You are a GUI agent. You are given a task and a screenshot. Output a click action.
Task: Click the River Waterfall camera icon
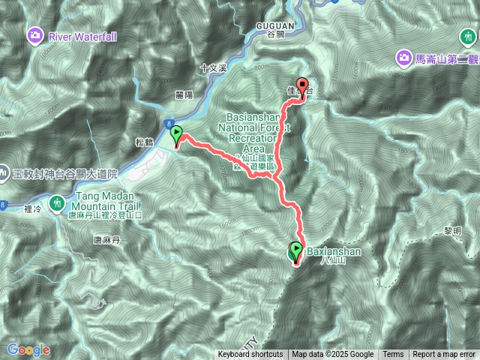point(35,35)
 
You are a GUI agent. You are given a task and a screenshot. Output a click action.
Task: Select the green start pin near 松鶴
point(177,136)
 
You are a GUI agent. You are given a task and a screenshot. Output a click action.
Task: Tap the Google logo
point(28,349)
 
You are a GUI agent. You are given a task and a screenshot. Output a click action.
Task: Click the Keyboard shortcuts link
point(250,355)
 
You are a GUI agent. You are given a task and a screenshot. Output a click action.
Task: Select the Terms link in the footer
point(393,355)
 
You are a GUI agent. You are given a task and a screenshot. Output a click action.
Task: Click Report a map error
point(444,355)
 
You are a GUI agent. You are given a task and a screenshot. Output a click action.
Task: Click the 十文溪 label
point(214,67)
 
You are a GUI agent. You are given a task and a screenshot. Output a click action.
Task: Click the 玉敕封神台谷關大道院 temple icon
point(4,173)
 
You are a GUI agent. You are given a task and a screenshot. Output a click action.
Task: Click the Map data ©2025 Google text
point(332,355)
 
